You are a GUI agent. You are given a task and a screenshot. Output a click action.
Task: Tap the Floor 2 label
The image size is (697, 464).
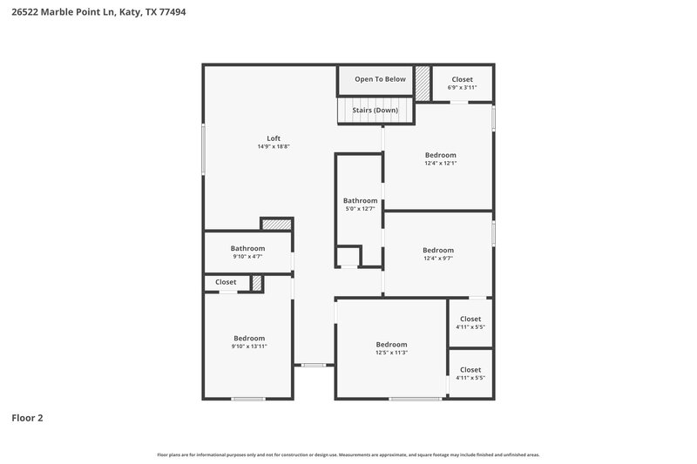26,418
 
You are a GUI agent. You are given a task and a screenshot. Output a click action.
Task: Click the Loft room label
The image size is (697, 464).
273,138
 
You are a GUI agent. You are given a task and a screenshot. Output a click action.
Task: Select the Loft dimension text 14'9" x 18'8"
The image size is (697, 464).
273,147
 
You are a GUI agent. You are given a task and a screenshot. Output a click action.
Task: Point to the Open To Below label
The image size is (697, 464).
380,79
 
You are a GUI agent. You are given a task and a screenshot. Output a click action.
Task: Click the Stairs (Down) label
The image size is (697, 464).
375,111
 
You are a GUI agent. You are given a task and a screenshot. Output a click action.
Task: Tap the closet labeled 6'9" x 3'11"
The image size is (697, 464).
462,83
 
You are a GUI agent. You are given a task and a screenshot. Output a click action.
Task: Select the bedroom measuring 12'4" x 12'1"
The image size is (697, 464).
440,158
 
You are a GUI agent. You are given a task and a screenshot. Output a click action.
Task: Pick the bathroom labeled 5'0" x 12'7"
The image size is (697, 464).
360,204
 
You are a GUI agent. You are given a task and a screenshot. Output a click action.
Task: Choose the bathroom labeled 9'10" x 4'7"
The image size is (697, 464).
247,252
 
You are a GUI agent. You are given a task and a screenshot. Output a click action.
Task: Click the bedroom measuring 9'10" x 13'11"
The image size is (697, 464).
249,341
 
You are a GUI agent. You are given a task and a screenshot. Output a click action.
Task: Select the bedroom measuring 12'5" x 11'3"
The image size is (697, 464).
391,347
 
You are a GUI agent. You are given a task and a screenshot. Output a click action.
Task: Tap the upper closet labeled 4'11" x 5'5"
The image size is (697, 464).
470,323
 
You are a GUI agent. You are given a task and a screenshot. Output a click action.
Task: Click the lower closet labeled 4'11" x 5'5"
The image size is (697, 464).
470,373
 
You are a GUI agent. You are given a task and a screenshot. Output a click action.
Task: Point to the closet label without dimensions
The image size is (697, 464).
226,282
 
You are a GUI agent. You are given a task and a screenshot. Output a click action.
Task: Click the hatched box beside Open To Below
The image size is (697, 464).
423,84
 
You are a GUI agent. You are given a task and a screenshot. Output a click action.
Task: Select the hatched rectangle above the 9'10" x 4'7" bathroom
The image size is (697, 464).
276,225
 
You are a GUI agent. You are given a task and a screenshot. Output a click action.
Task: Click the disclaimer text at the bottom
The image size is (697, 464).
348,454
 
